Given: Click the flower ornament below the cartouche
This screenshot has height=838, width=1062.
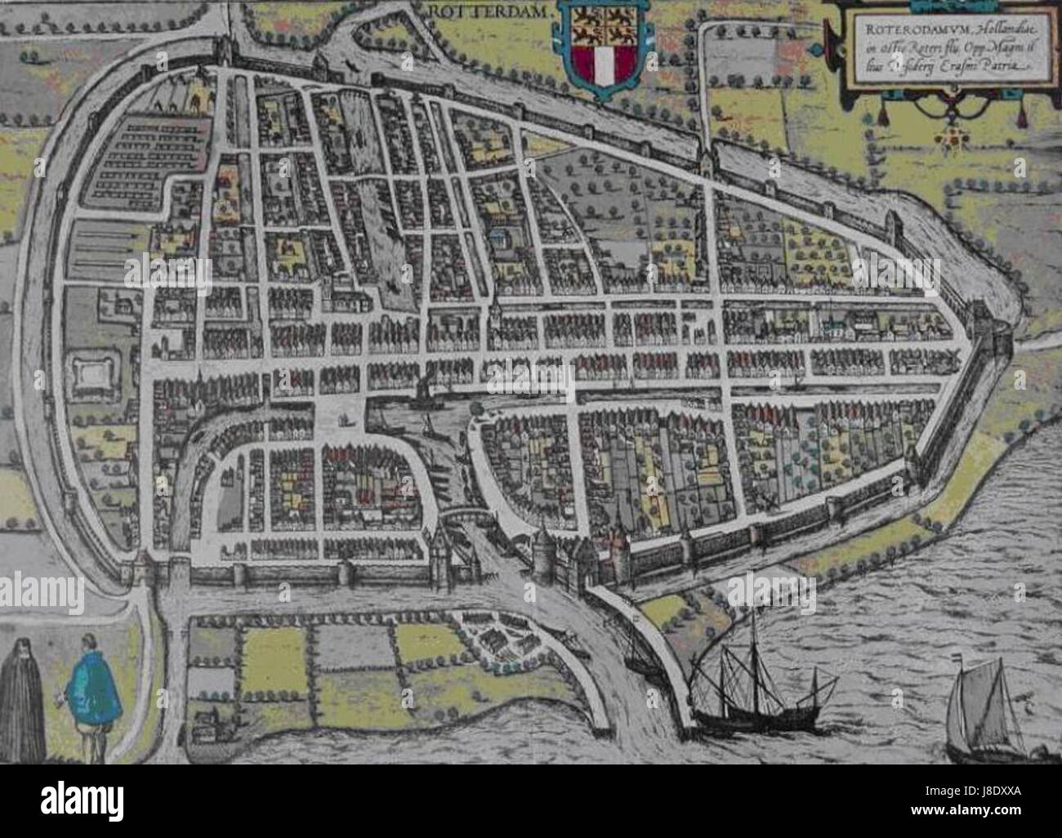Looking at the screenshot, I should tap(953, 141).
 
